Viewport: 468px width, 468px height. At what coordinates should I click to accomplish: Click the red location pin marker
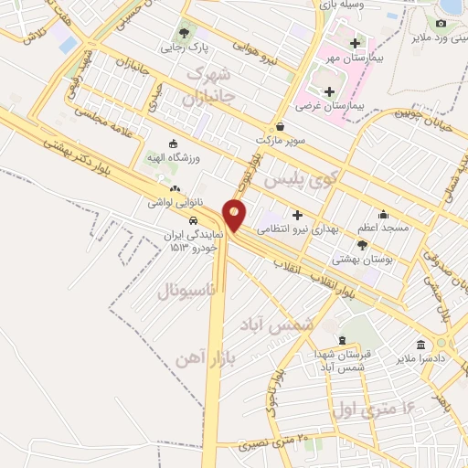tap(236, 216)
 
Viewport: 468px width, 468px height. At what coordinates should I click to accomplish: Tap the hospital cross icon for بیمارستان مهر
tap(355, 44)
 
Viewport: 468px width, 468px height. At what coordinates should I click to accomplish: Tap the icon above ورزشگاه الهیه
tap(174, 144)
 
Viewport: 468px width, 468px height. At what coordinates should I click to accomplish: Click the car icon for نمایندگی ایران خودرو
tap(194, 221)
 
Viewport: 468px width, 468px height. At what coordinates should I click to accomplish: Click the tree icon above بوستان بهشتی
tap(362, 244)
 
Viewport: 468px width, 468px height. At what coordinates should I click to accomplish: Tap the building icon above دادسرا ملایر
tap(420, 345)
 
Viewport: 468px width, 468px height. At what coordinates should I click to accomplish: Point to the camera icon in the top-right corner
tap(441, 23)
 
